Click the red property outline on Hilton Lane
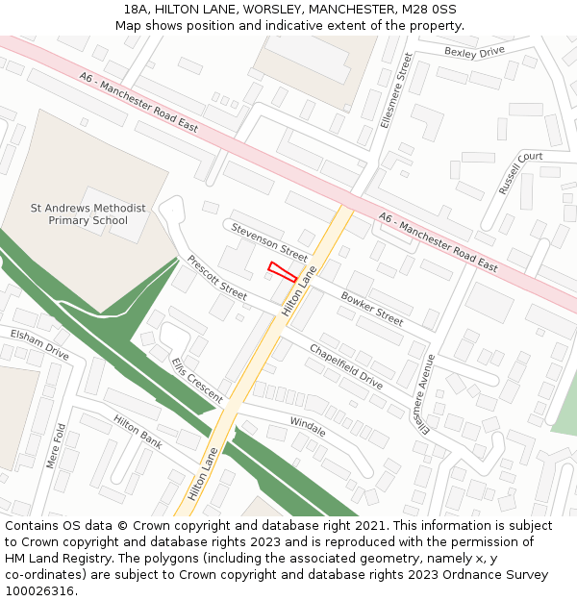point(282,271)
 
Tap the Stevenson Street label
point(268,241)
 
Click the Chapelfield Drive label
point(345,366)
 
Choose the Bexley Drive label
point(474,52)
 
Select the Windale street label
point(308,426)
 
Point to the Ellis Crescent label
point(197,381)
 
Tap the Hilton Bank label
point(138,433)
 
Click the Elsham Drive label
point(39,343)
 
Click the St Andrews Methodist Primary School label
point(88,213)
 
